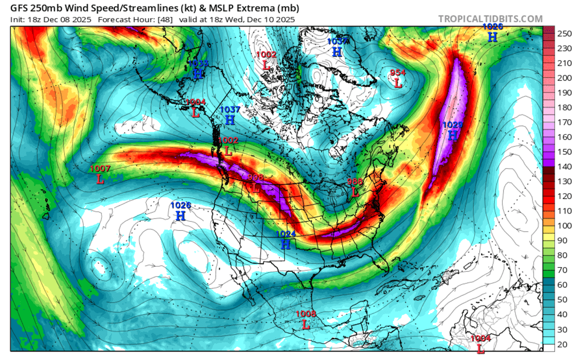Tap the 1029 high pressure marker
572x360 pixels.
(x=452, y=131)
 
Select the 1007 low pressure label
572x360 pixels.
(x=100, y=175)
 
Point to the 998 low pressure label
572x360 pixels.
(x=255, y=183)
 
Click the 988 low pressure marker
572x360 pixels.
(x=355, y=187)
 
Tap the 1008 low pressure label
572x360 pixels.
(x=306, y=319)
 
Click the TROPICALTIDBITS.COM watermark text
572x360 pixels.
(x=490, y=19)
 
